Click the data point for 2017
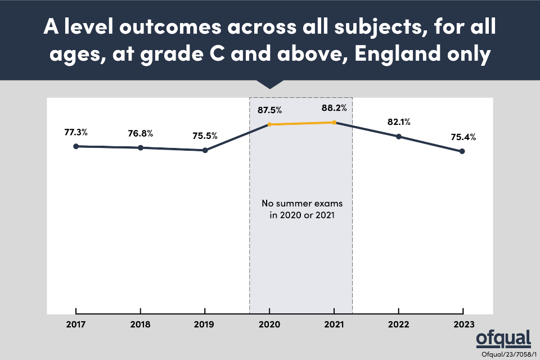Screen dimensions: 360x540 (75, 146)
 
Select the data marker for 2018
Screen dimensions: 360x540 (141, 148)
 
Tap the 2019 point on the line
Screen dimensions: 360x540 (205, 150)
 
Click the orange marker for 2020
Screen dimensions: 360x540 (269, 124)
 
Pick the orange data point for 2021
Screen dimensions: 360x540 (334, 122)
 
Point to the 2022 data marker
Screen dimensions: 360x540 (399, 136)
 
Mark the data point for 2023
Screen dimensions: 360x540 (462, 151)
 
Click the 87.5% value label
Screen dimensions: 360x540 (270, 110)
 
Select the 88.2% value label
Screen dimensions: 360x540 (335, 108)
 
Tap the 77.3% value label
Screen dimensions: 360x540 (76, 132)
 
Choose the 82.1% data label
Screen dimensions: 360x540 (399, 122)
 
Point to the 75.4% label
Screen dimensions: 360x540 (463, 137)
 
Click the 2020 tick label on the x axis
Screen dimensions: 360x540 (269, 325)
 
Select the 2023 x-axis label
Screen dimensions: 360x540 (462, 325)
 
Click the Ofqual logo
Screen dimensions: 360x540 (503, 339)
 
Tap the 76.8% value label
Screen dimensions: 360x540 (141, 133)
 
